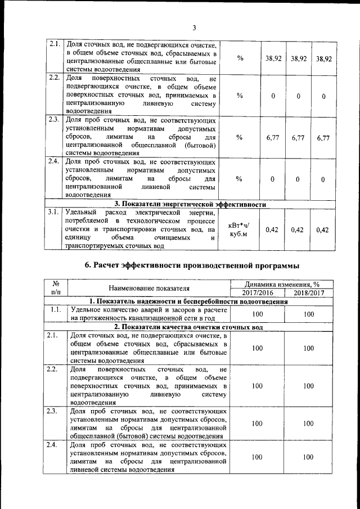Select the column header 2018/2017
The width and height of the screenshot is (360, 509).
point(308,293)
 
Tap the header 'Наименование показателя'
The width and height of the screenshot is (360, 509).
point(149,288)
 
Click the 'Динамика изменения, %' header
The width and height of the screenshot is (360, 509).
point(283,284)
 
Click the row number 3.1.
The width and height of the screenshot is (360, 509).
point(54,212)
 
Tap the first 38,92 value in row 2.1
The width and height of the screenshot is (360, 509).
point(273,58)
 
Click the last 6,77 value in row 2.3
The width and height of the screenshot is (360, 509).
point(323,138)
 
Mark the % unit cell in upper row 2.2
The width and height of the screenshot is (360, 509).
point(239,96)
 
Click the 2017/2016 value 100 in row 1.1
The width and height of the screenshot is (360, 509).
point(258,314)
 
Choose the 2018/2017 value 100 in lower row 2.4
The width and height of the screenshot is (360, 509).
point(308,458)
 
